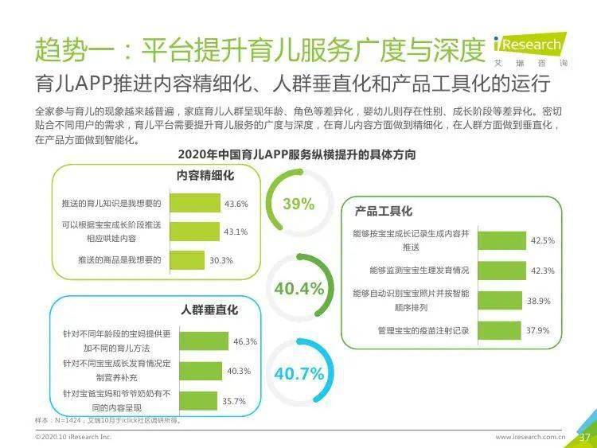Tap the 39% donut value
(298, 204)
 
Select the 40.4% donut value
(298, 288)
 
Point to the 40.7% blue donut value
(298, 373)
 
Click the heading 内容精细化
(205, 175)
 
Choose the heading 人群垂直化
(209, 310)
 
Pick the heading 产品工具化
(384, 211)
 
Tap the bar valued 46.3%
(200, 341)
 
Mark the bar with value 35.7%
(193, 400)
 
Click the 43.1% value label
(236, 232)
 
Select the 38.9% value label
(539, 301)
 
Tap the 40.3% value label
(239, 371)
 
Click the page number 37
(583, 437)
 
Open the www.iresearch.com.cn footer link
(530, 438)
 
